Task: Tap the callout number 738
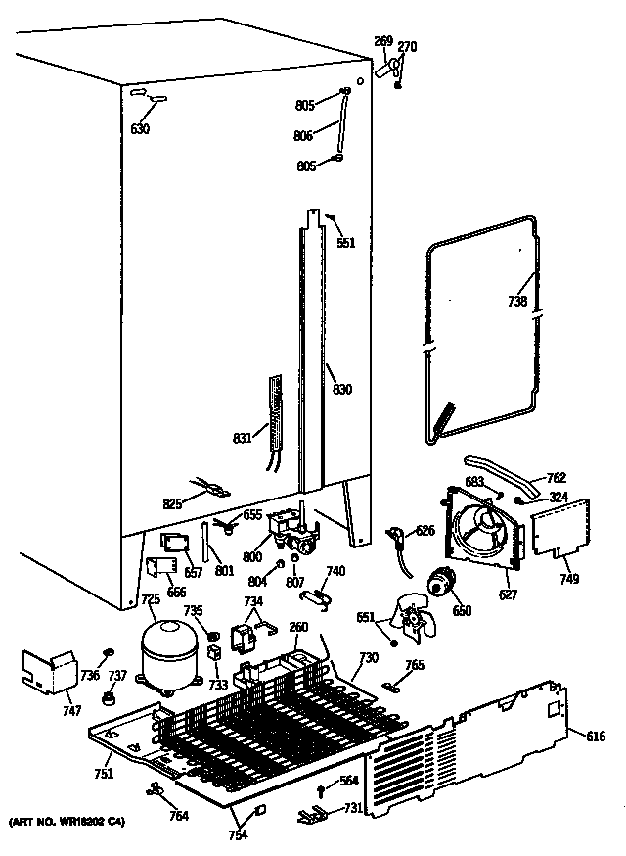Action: (x=517, y=302)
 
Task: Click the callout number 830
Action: (x=341, y=390)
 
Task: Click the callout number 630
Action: (x=140, y=128)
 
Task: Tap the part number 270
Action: (x=407, y=46)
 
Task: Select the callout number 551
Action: (x=346, y=243)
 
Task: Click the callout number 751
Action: (x=104, y=774)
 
